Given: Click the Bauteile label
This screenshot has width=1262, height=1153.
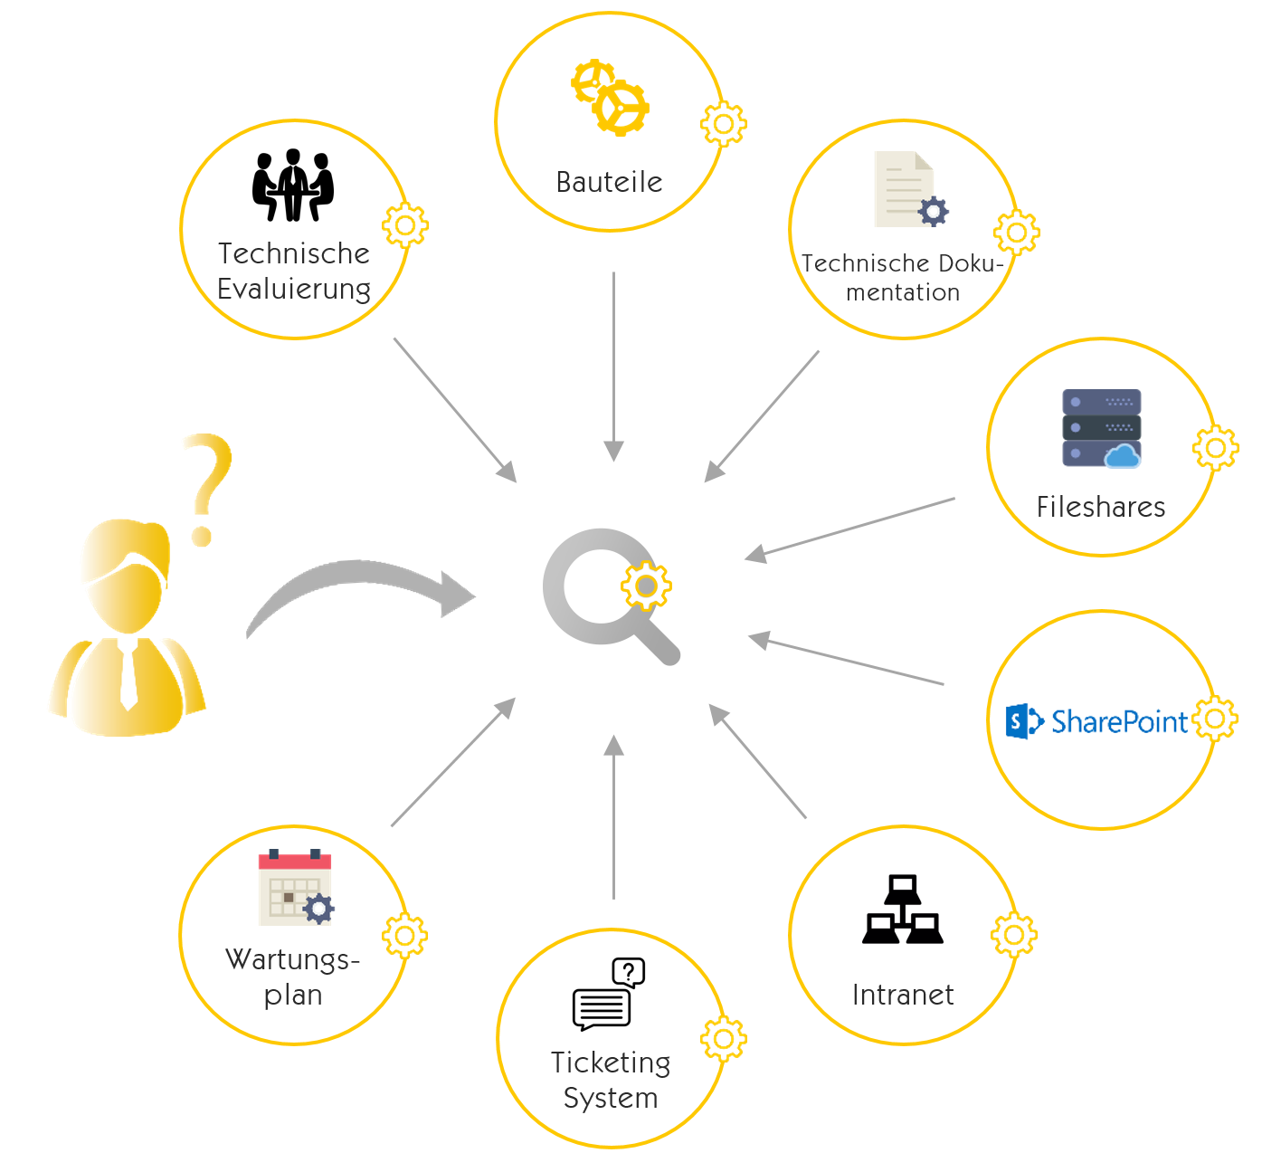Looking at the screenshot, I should click(x=609, y=182).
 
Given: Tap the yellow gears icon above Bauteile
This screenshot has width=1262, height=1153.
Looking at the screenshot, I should click(x=610, y=98).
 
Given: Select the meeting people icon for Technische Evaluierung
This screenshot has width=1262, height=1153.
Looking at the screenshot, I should click(x=293, y=186).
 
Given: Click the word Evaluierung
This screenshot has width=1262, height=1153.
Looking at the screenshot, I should click(x=294, y=290).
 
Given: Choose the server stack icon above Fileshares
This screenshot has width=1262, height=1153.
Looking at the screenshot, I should click(x=1101, y=428).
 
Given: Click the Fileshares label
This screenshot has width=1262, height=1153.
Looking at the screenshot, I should click(x=1101, y=507).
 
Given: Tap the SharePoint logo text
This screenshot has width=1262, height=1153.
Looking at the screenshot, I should click(x=1118, y=721).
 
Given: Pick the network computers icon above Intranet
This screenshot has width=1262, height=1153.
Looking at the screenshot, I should click(x=903, y=910).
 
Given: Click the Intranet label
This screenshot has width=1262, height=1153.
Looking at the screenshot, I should click(x=903, y=995).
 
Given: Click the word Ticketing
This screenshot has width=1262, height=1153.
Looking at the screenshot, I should click(x=611, y=1062).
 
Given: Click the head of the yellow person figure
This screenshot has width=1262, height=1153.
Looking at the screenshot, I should click(x=127, y=575).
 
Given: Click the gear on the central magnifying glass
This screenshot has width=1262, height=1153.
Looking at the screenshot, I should click(x=646, y=586).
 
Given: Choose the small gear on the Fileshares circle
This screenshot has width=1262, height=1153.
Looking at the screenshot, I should click(x=1216, y=447).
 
